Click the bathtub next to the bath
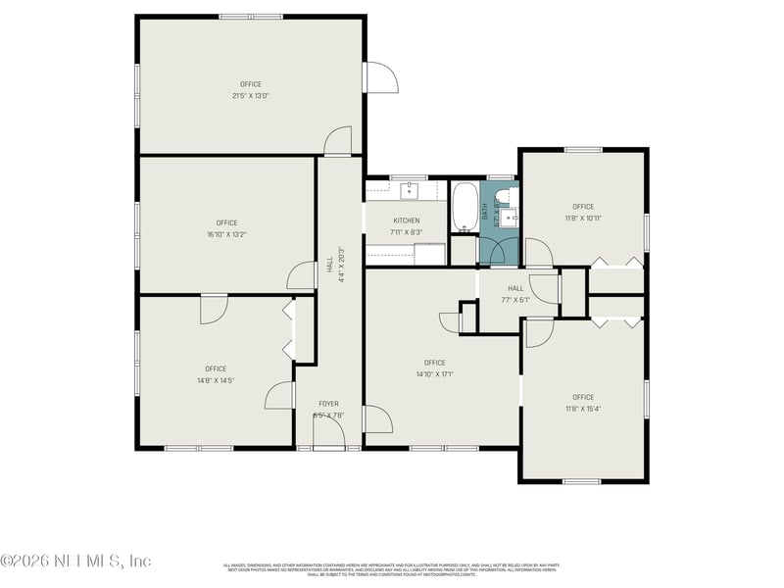pyautogui.click(x=465, y=207)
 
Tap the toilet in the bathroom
pyautogui.click(x=505, y=194)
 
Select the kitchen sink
pyautogui.click(x=409, y=189)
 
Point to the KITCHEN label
pyautogui.click(x=407, y=220)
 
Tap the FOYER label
pyautogui.click(x=329, y=404)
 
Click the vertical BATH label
pyautogui.click(x=484, y=209)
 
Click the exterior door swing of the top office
pyautogui.click(x=380, y=78)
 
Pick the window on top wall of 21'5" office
pyautogui.click(x=251, y=16)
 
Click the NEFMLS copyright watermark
pyautogui.click(x=75, y=561)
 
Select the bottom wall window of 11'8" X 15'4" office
pyautogui.click(x=582, y=481)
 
